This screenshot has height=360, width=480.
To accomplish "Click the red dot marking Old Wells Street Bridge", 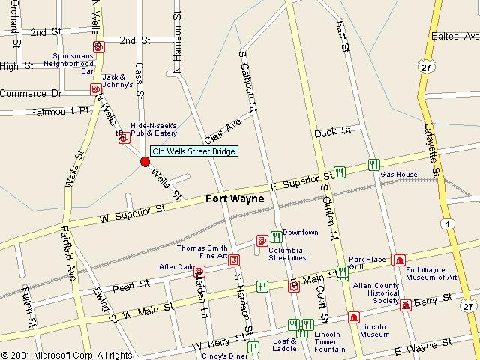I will point(145,161).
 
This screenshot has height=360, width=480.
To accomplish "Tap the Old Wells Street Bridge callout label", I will point(194,151).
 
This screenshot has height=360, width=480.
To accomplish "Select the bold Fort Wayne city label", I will point(235,199).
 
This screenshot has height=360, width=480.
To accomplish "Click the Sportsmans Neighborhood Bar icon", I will point(99,47).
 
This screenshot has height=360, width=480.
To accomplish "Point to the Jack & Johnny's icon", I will point(95,89).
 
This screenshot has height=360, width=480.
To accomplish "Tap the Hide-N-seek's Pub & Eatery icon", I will point(123,137).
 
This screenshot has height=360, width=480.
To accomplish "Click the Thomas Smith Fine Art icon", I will point(234,260).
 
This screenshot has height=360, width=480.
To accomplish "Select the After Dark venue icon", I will point(199,271).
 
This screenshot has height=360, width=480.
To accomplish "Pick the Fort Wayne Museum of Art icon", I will point(398,259).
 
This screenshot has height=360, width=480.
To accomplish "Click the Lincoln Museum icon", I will point(354,316).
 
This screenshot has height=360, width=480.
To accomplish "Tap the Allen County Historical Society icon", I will point(406,304).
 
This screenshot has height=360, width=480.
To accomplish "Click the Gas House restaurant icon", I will point(373,165).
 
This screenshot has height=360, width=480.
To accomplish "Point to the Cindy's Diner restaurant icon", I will point(253,346).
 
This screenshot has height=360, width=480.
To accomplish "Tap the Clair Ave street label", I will point(223,131).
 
